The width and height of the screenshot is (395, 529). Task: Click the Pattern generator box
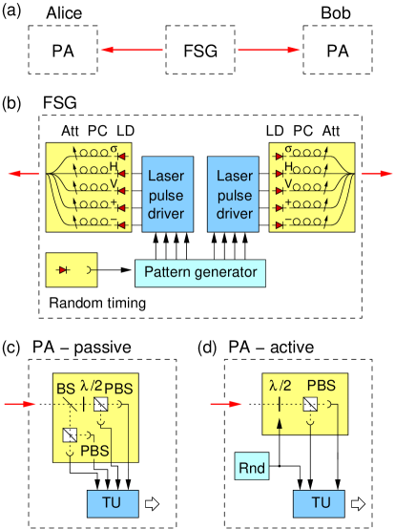200,273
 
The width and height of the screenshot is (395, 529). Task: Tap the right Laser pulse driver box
235,195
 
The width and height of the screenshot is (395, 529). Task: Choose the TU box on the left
113,502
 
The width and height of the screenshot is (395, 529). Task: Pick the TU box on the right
320,502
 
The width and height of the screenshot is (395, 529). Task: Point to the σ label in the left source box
114,150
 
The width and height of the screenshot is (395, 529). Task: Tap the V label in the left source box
113,185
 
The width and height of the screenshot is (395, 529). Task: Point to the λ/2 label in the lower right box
280,387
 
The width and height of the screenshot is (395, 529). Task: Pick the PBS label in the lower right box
320,387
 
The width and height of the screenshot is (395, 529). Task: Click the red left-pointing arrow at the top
132,50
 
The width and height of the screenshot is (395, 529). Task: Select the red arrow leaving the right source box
376,174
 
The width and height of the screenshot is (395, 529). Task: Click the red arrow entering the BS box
20,404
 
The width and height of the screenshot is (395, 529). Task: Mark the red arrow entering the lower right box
226,404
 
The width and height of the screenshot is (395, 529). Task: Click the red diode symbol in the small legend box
64,270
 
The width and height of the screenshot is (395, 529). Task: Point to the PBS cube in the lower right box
309,404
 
